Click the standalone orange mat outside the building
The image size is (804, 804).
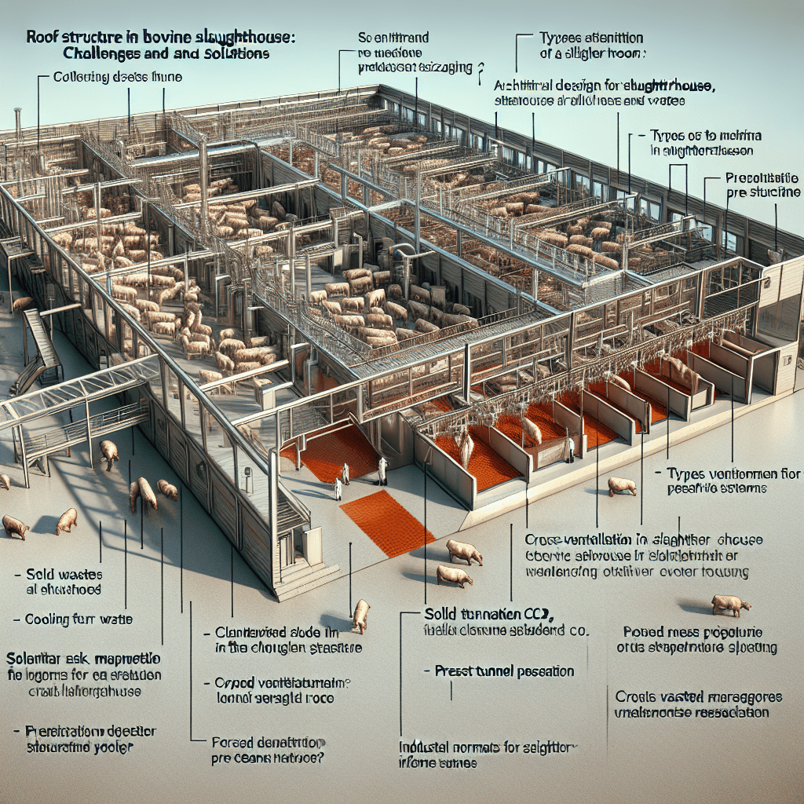click(x=387, y=524)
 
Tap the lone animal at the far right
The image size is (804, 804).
click(x=730, y=605)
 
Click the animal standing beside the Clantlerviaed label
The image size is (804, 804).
click(x=361, y=615)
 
